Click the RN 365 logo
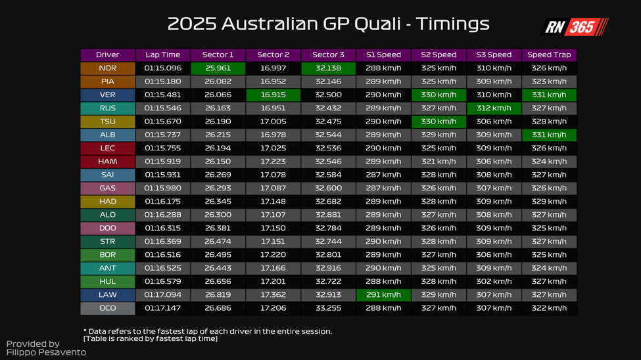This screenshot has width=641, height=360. click(574, 27)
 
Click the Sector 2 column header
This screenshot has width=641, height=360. click(273, 55)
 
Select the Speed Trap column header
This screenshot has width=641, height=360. click(549, 55)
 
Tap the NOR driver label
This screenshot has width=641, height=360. click(107, 68)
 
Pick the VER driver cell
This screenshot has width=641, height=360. click(107, 95)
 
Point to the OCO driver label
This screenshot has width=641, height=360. click(107, 307)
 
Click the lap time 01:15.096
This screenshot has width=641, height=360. click(162, 68)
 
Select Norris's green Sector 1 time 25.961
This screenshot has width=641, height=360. click(218, 68)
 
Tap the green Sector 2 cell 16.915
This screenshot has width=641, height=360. click(273, 95)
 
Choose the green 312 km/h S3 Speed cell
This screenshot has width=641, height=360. click(494, 108)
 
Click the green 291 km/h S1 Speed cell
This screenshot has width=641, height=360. click(383, 294)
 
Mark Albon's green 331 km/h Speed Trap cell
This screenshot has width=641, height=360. click(549, 135)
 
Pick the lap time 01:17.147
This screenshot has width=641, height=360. click(162, 307)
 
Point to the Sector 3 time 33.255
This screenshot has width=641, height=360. click(328, 307)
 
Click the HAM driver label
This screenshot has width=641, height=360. click(107, 162)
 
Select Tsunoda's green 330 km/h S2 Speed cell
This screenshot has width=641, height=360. click(439, 122)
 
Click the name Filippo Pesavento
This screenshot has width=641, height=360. click(46, 352)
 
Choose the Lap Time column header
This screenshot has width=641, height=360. click(162, 55)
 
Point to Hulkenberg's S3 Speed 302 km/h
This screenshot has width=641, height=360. click(494, 281)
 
